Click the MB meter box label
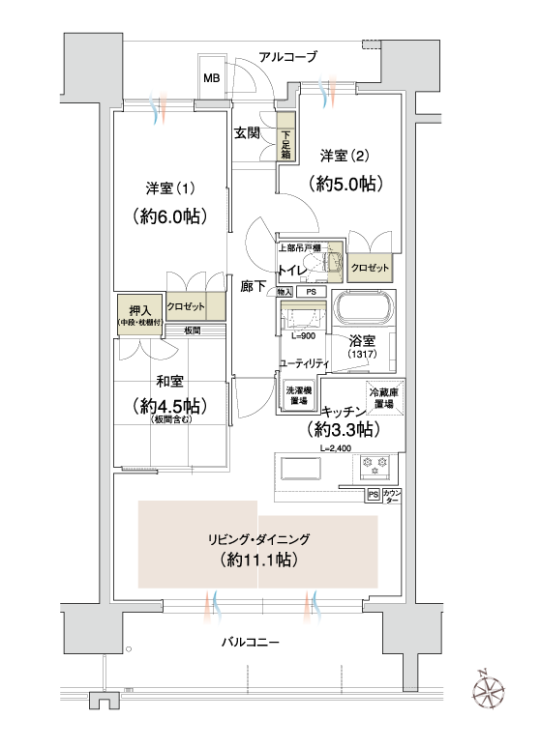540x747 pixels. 212,77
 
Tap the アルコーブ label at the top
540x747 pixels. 287,57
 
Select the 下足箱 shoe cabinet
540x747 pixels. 285,136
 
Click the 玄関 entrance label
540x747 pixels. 246,133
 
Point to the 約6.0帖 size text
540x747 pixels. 169,216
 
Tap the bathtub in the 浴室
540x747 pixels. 364,311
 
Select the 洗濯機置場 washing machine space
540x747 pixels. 299,395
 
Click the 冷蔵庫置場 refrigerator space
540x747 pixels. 384,397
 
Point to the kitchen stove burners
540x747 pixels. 375,466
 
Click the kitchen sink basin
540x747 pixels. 301,470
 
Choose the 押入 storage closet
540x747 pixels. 140,314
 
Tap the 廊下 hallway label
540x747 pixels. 253,286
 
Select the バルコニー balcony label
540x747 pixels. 250,643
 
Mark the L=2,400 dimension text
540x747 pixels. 336,448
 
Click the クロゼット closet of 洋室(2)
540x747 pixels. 370,268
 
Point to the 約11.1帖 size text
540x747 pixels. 259,560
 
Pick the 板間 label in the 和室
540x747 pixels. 193,330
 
